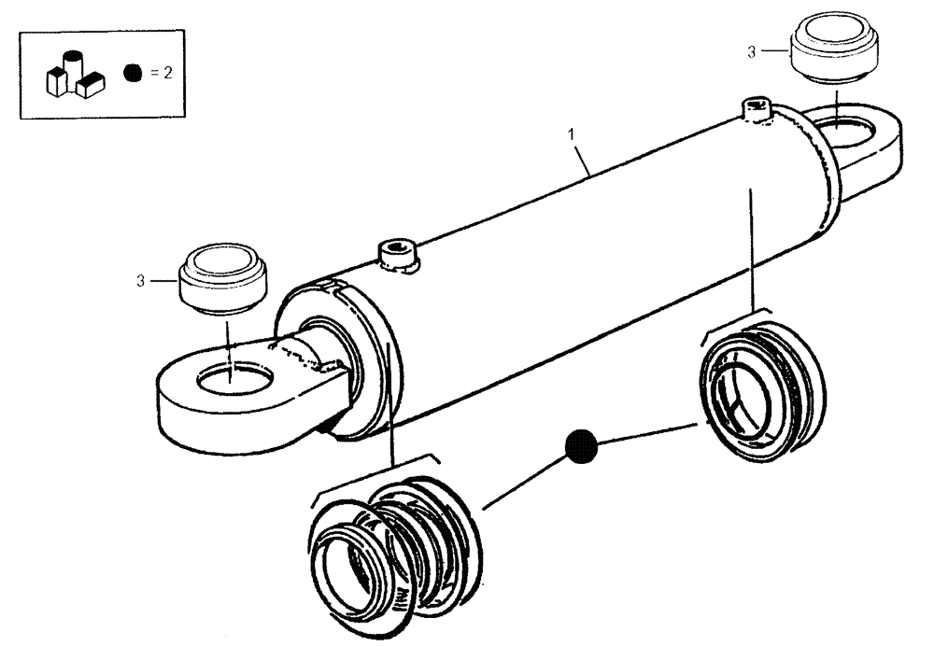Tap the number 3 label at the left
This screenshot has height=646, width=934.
coord(140,280)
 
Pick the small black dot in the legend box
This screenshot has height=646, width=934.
coord(134,74)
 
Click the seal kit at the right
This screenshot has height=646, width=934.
coord(759,385)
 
